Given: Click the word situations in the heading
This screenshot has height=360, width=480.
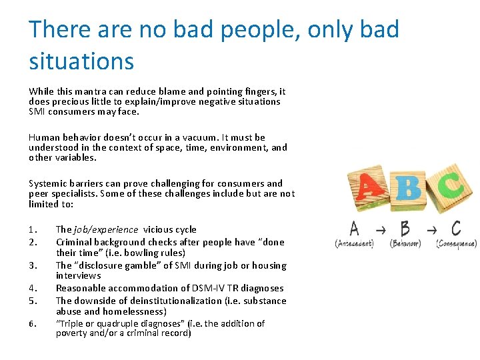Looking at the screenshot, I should coord(81,61).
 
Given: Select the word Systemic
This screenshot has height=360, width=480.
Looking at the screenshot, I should coord(47,183).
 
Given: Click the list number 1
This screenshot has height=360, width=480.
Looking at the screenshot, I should coord(33,229).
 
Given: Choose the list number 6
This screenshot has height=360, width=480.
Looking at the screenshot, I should coord(33,324).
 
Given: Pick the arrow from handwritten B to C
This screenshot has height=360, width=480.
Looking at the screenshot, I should coord(431,230).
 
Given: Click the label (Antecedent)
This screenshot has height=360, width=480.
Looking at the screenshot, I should coord(354,244).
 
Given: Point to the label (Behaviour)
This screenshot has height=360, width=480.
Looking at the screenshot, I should coord(406,244).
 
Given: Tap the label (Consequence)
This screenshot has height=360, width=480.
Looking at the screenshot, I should coord(456,244).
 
